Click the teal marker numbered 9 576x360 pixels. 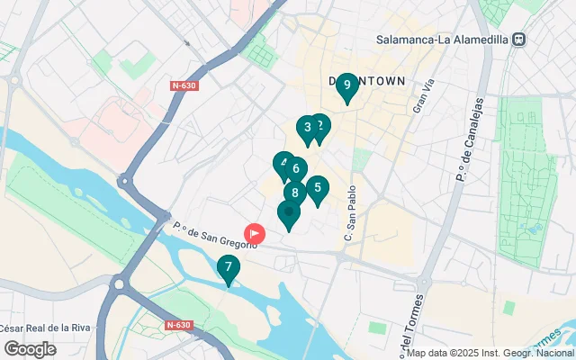[x=346, y=86]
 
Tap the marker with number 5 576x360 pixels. [x=317, y=189]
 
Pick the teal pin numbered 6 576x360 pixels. [x=296, y=168]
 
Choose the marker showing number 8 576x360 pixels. [x=294, y=193]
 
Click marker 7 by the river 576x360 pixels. [x=229, y=268]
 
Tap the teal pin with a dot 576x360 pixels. [x=288, y=214]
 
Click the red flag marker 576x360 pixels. [x=256, y=233]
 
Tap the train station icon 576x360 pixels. [x=519, y=40]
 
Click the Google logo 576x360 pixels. [x=30, y=349]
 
